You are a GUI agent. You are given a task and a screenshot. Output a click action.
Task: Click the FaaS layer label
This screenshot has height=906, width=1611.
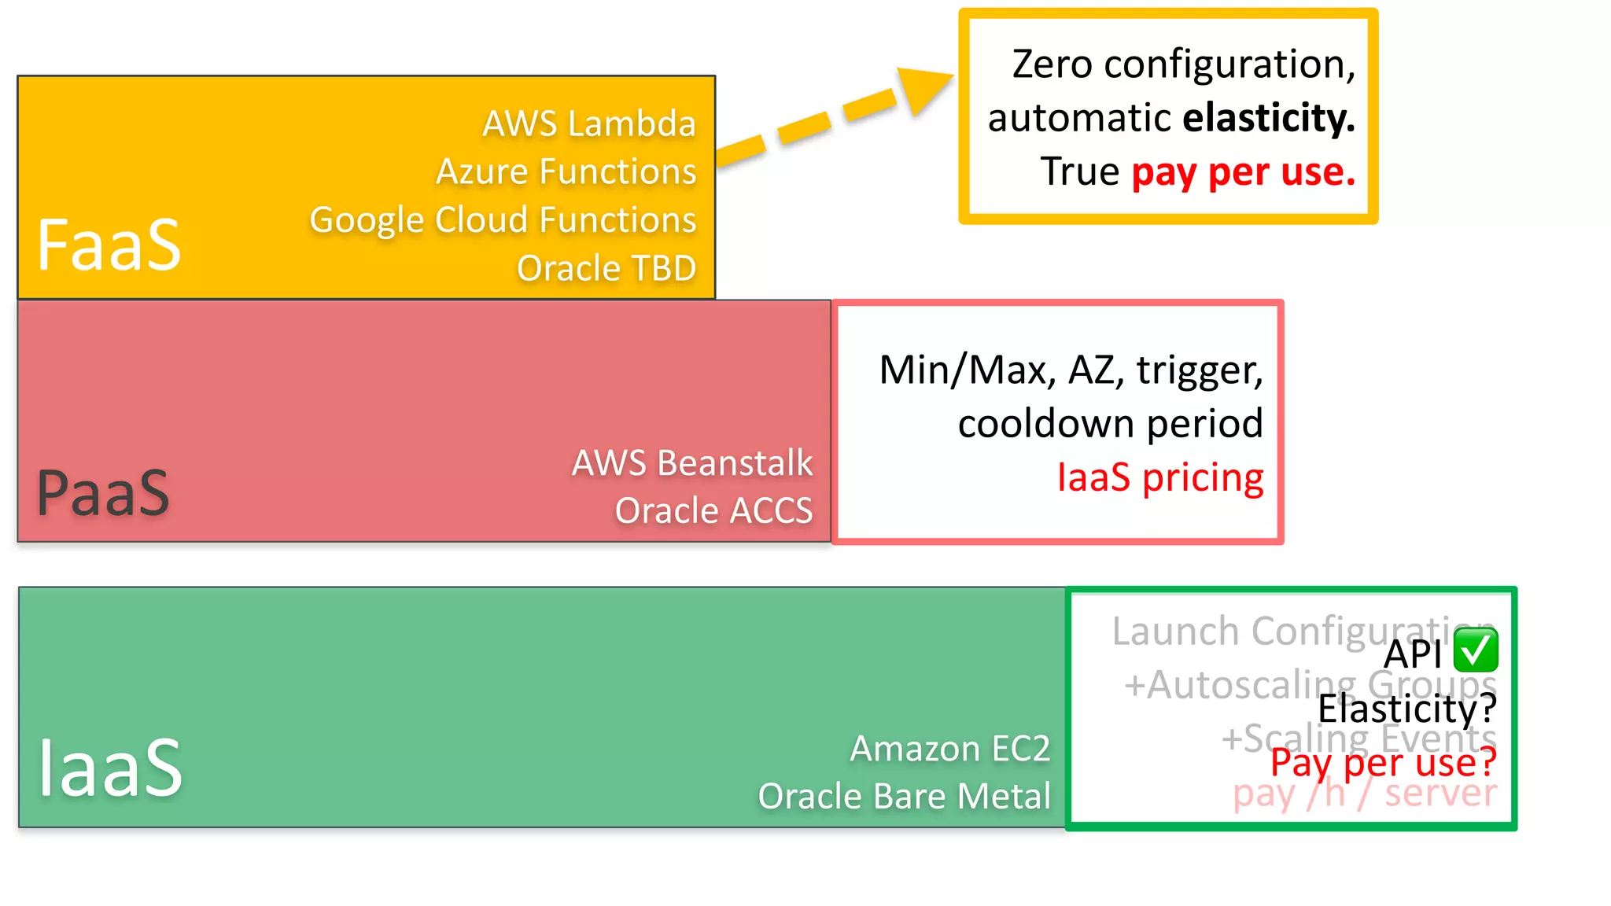(x=109, y=245)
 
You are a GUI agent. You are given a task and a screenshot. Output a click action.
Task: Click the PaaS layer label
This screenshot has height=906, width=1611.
(x=103, y=493)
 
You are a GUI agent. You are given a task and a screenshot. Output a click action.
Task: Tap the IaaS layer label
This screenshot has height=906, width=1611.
(x=110, y=768)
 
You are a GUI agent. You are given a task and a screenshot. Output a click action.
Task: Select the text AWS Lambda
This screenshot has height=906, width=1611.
(x=589, y=124)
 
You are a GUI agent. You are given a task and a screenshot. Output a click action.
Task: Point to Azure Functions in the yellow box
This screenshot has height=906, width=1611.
(x=566, y=172)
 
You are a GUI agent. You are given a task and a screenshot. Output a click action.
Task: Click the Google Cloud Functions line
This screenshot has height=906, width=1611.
(x=503, y=220)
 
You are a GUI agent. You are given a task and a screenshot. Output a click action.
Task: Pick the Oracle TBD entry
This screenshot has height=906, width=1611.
(x=606, y=269)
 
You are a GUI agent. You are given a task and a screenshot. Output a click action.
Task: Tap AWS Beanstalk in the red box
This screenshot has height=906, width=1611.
(x=691, y=463)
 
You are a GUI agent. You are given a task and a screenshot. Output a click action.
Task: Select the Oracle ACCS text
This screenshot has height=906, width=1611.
(x=713, y=511)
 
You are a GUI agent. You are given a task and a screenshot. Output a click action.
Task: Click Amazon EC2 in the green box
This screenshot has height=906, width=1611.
(x=949, y=749)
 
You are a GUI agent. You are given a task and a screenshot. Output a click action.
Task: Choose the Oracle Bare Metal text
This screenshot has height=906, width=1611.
(x=904, y=797)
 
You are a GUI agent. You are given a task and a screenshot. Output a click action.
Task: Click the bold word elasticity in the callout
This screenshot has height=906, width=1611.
(x=1268, y=118)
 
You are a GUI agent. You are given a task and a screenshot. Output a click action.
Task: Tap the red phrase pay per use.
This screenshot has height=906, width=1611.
(x=1243, y=172)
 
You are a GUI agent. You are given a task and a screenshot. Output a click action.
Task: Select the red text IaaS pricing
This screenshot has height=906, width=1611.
(x=1159, y=478)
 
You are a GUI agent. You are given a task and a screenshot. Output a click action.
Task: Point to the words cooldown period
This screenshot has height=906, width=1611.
(x=1110, y=424)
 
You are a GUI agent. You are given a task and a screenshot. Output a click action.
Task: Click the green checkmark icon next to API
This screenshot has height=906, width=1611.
(x=1476, y=650)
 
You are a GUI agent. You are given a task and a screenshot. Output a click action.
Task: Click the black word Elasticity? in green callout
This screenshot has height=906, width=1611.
(x=1406, y=709)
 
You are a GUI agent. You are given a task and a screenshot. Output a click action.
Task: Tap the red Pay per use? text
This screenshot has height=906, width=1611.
(x=1383, y=762)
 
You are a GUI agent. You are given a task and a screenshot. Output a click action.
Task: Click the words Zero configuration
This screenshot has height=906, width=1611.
(x=1182, y=64)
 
